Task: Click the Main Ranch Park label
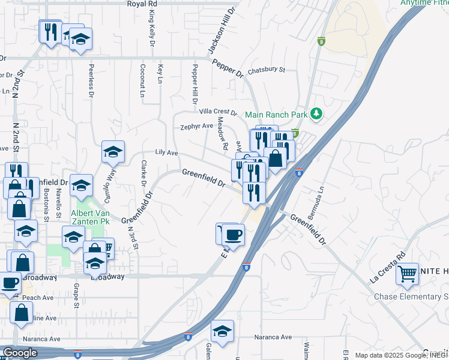point(276,114)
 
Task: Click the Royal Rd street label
point(142,4)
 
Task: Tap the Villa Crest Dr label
point(219,112)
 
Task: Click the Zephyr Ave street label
point(197,127)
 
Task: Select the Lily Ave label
point(166,153)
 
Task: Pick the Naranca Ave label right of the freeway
point(273,338)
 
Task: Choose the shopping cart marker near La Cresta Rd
point(408,274)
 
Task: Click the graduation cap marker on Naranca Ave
point(222,332)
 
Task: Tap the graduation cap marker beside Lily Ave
point(112,152)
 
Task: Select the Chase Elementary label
point(411,296)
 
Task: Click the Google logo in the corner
point(20,353)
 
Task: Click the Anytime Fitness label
point(424,3)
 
